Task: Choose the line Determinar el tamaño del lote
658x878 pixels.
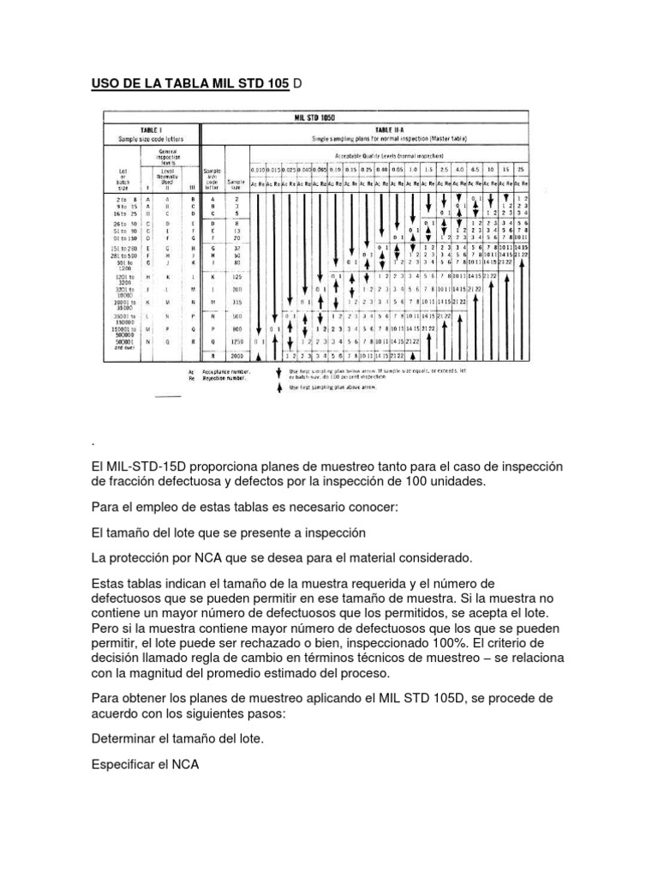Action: point(181,737)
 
